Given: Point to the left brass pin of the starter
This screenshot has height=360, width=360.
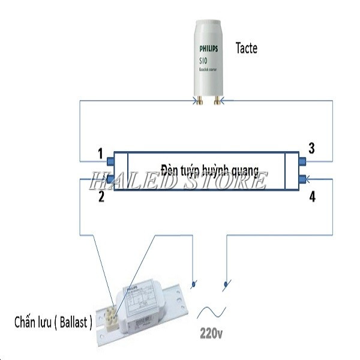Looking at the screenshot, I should [x=199, y=101].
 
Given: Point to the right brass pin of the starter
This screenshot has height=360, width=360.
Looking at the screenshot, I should [x=214, y=101].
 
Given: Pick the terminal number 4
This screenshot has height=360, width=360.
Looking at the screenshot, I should [x=311, y=196].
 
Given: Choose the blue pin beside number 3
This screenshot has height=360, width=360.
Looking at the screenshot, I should [x=302, y=161].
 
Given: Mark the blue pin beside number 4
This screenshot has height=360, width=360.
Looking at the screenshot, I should [x=302, y=178].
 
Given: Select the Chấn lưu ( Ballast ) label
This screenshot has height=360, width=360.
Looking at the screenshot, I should [x=53, y=322].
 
